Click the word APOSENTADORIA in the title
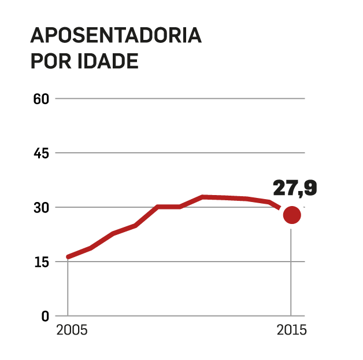point(116,35)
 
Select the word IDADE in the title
point(108,61)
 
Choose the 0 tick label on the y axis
point(45,316)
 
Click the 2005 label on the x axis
point(72,332)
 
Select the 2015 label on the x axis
point(291,332)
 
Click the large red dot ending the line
point(291,215)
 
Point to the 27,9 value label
point(295,188)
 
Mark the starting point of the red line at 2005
point(68,256)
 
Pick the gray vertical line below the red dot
point(291,272)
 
